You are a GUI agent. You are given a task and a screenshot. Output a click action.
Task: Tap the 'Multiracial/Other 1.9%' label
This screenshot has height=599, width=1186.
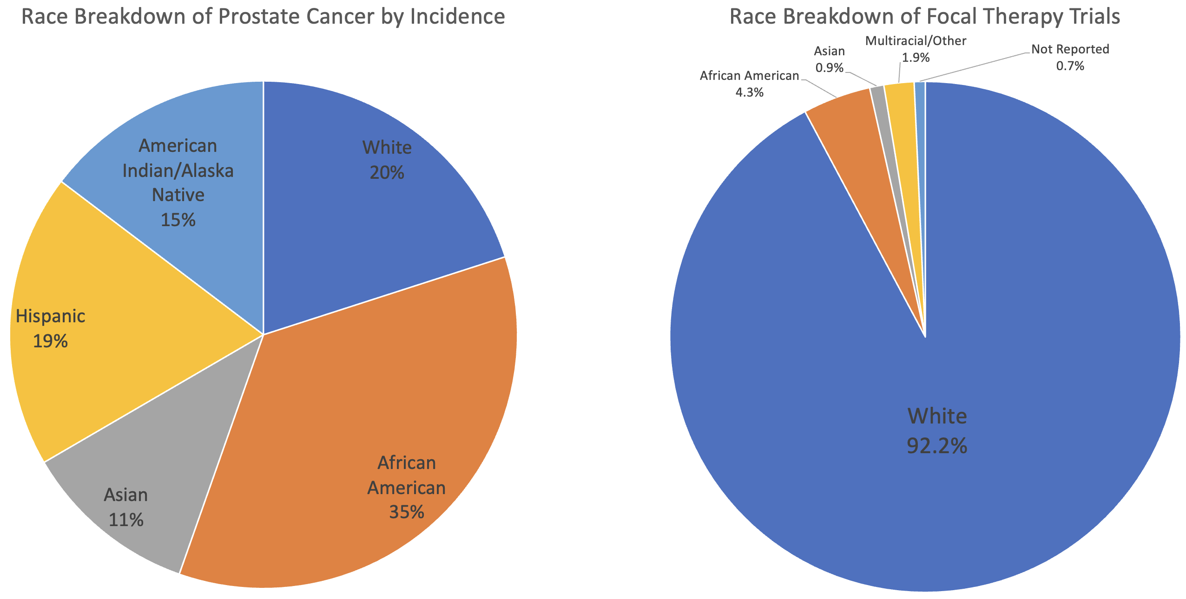click(916, 49)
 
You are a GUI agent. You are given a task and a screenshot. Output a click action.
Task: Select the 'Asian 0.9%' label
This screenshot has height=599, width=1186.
click(830, 59)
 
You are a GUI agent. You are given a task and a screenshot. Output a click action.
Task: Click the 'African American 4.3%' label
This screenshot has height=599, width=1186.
click(749, 84)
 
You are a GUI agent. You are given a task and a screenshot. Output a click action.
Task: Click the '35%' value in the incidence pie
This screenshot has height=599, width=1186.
click(406, 512)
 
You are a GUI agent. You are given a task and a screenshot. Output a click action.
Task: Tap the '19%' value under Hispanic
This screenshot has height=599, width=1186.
click(50, 341)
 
